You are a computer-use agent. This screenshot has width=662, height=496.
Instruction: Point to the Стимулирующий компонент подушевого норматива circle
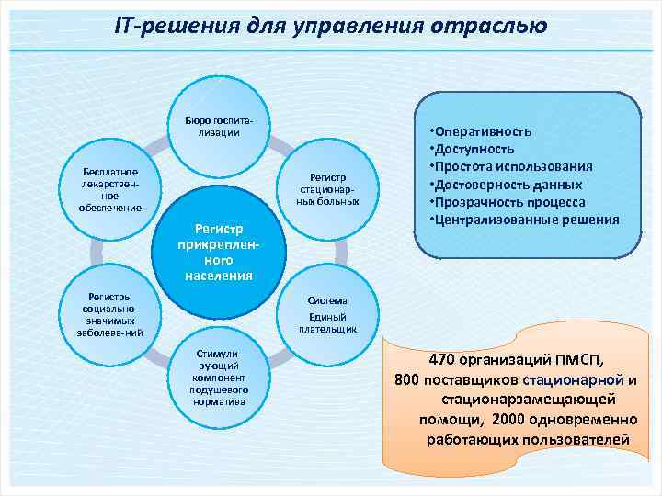(x=219, y=377)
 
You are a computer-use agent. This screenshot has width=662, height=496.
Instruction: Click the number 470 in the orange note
(x=445, y=359)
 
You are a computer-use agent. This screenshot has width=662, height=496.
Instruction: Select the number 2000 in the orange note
(x=509, y=420)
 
